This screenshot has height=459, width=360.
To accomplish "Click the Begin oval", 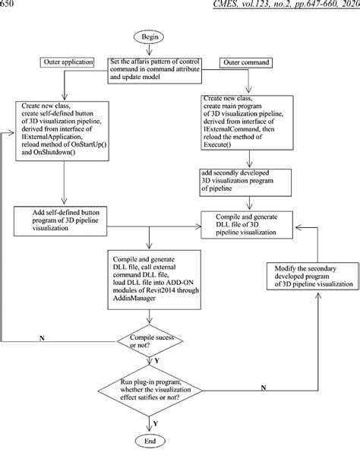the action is pos(150,37).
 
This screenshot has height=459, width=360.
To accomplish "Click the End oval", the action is pos(150,442).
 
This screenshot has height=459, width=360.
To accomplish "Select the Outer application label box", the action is pos(67,62).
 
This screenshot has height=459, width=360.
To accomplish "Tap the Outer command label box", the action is pos(246,62).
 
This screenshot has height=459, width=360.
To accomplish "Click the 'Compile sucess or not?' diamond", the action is pos(150,341).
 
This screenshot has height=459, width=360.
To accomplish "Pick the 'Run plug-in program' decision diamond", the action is pos(150,390).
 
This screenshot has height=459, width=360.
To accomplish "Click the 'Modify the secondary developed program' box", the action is pos(312,276).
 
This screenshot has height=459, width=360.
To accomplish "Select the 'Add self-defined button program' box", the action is pos(60,221).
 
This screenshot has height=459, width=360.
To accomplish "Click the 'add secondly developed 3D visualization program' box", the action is pos(246,182).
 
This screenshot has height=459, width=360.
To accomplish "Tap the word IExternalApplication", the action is pos(51,137).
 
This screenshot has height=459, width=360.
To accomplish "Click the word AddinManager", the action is pos(134,298).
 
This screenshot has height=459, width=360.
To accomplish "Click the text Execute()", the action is pos(217,144).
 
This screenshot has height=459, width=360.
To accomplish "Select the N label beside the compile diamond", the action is pos(42,338).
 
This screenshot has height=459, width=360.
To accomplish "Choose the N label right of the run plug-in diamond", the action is pos(264,388).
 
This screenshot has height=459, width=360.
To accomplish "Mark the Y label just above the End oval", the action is pos(156,423).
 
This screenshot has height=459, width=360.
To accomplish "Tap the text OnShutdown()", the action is pos(54,152).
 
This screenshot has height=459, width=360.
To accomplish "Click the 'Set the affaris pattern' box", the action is pos(154,71).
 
